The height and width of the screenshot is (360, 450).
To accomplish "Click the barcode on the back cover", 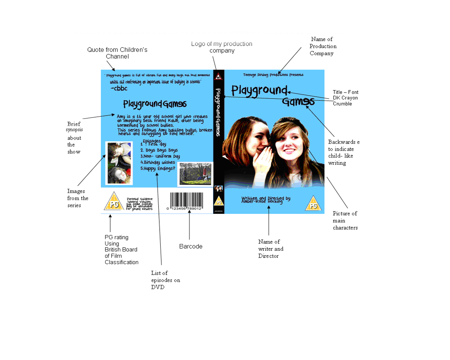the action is (x=186, y=201).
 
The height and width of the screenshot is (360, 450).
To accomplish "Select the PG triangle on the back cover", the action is (x=114, y=202).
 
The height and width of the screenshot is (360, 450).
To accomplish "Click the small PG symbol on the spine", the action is (x=219, y=201).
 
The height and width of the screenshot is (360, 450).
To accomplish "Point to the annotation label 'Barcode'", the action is (x=191, y=246).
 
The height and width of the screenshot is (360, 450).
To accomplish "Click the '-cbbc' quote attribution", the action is (x=119, y=89).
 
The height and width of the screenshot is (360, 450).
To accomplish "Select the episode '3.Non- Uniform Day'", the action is (x=160, y=156).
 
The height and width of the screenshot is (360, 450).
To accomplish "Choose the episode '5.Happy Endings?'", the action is (x=157, y=169).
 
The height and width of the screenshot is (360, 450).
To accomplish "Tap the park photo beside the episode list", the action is (x=195, y=173).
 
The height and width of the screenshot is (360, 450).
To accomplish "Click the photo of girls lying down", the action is (x=119, y=163).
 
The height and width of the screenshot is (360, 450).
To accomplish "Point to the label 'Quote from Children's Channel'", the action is (x=117, y=53).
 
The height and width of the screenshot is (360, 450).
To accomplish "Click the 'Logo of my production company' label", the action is (x=222, y=47).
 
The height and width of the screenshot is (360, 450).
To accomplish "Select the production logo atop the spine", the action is (x=219, y=76).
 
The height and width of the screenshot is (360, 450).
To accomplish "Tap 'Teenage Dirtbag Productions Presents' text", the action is (x=273, y=75).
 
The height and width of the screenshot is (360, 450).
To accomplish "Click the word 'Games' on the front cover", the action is (x=298, y=102).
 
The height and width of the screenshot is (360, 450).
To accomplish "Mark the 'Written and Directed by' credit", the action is (x=266, y=200).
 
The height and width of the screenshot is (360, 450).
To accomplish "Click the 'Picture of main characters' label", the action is (x=345, y=220).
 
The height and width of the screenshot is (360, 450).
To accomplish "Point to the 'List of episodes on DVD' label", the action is (x=165, y=280).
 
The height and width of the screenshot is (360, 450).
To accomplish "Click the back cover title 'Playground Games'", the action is (x=155, y=104).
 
